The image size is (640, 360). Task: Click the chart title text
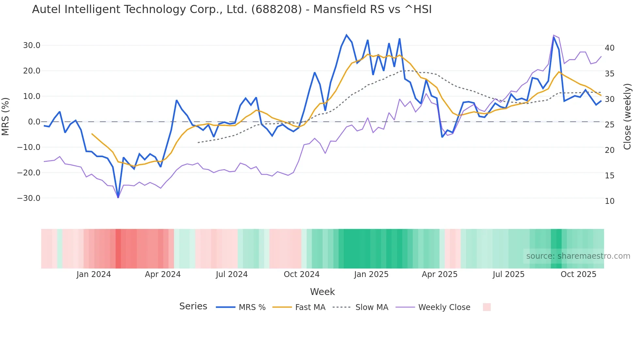[x=232, y=9]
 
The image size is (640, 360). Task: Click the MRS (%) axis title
[x=6, y=116]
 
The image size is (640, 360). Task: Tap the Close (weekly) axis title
[x=627, y=116]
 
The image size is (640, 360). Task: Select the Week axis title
[x=322, y=292]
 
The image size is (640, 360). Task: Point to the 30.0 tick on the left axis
[x=32, y=45]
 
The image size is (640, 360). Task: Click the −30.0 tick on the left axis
[x=29, y=198]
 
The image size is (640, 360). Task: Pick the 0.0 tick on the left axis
[x=34, y=122]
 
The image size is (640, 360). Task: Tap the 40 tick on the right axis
[x=610, y=48]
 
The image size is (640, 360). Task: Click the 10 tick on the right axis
[x=610, y=201]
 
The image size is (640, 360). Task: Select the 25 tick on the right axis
[x=610, y=125]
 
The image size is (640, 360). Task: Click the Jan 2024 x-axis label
[x=94, y=274]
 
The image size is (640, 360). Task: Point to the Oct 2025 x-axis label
[x=578, y=274]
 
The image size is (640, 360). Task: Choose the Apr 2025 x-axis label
[x=440, y=274]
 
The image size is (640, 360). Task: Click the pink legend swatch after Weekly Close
[x=487, y=307]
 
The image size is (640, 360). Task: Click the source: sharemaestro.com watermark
[x=578, y=256]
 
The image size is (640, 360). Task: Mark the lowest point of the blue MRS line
[x=118, y=197]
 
